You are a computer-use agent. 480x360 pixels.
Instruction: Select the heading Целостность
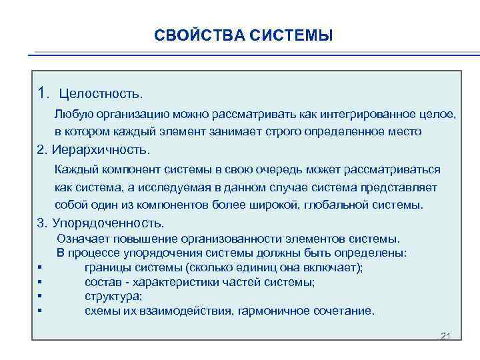(101, 91)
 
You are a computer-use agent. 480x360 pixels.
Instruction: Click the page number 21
(446, 335)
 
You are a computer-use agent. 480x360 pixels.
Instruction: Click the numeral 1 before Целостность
(42, 91)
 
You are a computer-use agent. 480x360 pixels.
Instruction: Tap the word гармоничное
(287, 311)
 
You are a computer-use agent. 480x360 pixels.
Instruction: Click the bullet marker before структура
(41, 297)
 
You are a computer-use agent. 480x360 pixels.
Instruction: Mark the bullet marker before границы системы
(41, 268)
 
